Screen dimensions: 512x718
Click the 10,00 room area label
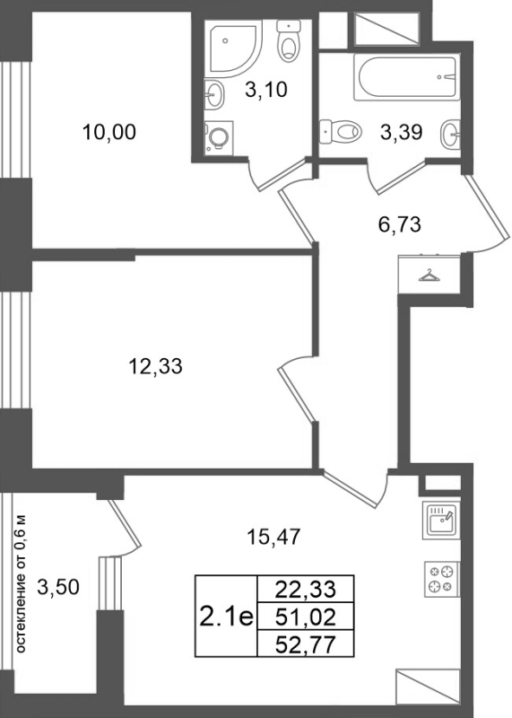(x=108, y=132)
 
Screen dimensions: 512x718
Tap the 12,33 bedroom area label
(x=155, y=366)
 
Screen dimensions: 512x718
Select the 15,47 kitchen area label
(x=273, y=537)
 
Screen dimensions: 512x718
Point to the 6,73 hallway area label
(x=399, y=225)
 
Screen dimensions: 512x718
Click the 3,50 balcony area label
(x=58, y=587)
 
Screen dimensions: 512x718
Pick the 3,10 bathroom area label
(x=265, y=89)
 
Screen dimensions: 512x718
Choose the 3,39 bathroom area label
(x=402, y=132)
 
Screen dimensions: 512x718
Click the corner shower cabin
(x=232, y=48)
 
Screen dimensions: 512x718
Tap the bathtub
(x=406, y=77)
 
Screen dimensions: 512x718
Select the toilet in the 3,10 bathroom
(x=288, y=40)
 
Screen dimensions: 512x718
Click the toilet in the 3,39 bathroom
(x=341, y=131)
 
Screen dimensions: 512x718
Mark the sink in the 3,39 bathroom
(x=451, y=134)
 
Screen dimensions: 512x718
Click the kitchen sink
(x=441, y=521)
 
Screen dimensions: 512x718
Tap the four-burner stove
(x=442, y=579)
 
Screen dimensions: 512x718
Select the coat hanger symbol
(x=429, y=276)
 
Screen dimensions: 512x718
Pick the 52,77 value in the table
(x=306, y=645)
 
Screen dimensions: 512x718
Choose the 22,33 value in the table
(x=306, y=589)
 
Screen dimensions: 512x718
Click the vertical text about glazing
(x=21, y=584)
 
